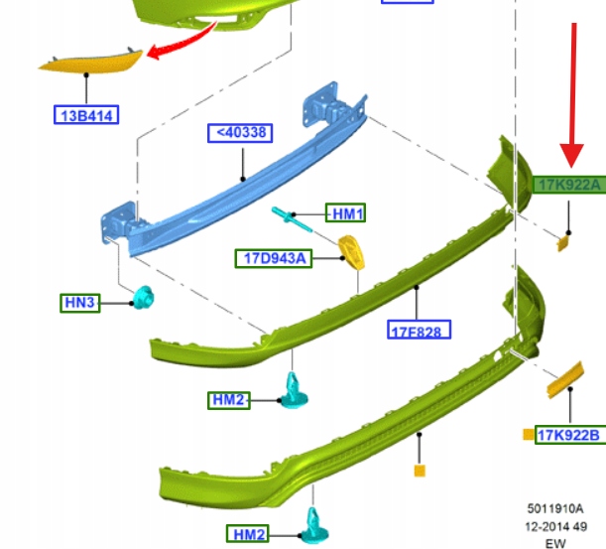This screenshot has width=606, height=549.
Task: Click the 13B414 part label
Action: pyautogui.click(x=85, y=116)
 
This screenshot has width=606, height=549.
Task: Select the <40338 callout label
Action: pyautogui.click(x=240, y=131)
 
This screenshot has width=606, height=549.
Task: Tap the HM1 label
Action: pyautogui.click(x=348, y=213)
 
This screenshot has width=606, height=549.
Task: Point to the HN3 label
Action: pyautogui.click(x=79, y=301)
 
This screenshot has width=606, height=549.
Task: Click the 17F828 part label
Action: pyautogui.click(x=414, y=330)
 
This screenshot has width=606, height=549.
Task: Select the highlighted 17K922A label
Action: pyautogui.click(x=568, y=185)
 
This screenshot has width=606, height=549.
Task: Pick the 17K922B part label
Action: pyautogui.click(x=568, y=435)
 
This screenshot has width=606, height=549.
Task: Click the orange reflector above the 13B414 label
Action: pyautogui.click(x=92, y=63)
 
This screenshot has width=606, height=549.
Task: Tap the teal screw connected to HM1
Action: pyautogui.click(x=289, y=215)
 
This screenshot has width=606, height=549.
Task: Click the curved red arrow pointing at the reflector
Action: pyautogui.click(x=190, y=38)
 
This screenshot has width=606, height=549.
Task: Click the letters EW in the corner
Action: pyautogui.click(x=554, y=543)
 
